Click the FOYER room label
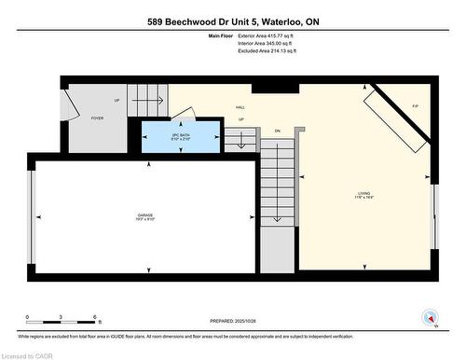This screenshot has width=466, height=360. (97, 119)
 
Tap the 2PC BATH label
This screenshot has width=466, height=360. (181, 137)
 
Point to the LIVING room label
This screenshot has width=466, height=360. (363, 195)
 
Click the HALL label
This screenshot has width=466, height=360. (240, 108)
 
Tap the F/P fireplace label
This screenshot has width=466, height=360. (415, 107)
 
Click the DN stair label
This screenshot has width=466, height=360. (277, 131)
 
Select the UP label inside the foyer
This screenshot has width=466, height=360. (116, 100)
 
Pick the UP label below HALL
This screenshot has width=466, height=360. (240, 119)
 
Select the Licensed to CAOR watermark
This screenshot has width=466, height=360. (27, 354)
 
